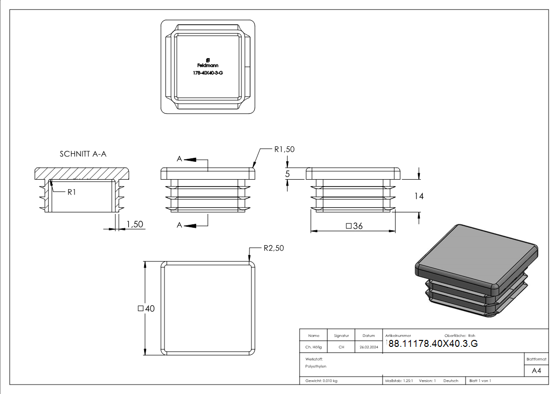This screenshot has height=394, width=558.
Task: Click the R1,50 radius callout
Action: pyautogui.click(x=285, y=149)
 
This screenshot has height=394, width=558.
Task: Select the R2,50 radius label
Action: pyautogui.click(x=274, y=248)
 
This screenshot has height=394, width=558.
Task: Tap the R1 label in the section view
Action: pyautogui.click(x=72, y=193)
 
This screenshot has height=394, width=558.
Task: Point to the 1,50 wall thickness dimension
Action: pyautogui.click(x=135, y=224)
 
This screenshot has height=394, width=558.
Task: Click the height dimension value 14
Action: pyautogui.click(x=419, y=196)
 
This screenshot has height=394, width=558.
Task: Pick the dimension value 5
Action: pyautogui.click(x=287, y=174)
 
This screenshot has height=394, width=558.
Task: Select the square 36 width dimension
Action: pyautogui.click(x=353, y=226)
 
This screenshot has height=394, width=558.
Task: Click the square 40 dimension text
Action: pyautogui.click(x=146, y=309)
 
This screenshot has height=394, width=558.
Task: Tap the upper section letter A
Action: pyautogui.click(x=180, y=159)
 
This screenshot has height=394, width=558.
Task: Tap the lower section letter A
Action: pyautogui.click(x=180, y=225)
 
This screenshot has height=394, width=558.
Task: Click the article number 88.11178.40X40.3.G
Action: pyautogui.click(x=433, y=344)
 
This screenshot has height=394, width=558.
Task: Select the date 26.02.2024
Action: pyautogui.click(x=369, y=347)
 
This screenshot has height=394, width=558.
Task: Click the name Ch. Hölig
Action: pyautogui.click(x=314, y=347)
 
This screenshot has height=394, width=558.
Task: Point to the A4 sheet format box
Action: pyautogui.click(x=537, y=371)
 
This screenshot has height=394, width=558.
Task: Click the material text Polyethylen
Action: pyautogui.click(x=316, y=366)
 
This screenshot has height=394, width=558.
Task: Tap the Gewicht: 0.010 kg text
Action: pyautogui.click(x=321, y=381)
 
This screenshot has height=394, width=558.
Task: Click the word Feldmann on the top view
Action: pyautogui.click(x=208, y=65)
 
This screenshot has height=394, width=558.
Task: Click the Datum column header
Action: pyautogui.click(x=369, y=335)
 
